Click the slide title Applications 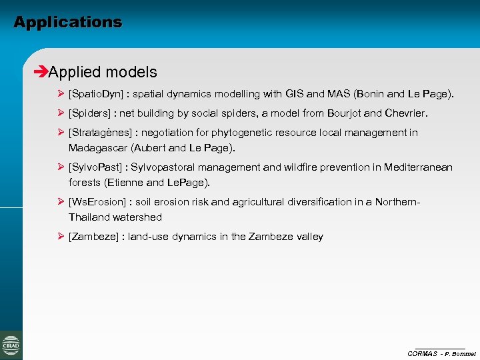tap(67, 22)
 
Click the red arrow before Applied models tap(41, 72)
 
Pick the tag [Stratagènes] tap(99, 133)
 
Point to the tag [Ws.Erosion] tap(98, 202)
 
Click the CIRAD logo tap(11, 345)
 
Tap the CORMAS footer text tap(422, 353)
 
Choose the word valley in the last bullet tap(309, 237)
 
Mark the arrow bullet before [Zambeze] tap(61, 236)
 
